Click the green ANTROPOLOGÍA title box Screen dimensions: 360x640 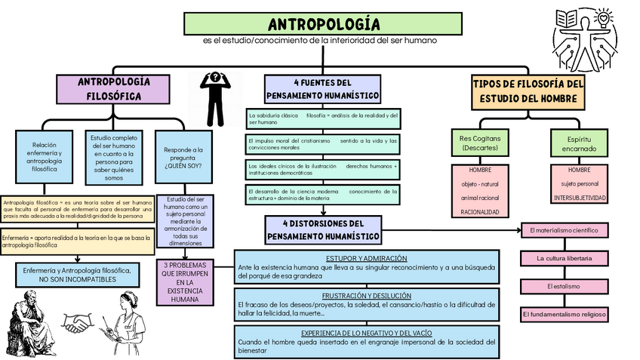[x=323, y=23]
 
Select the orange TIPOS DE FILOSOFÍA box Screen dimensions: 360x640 [x=528, y=91]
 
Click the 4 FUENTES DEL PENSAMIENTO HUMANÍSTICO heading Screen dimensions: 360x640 [x=322, y=89]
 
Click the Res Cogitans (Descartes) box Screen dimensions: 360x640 [x=480, y=143]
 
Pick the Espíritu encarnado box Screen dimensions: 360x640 [x=580, y=143]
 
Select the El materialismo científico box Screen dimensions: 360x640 [x=563, y=229]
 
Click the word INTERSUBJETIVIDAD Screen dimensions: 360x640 [x=580, y=198]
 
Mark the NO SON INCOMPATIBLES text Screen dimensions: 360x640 [x=78, y=279]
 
